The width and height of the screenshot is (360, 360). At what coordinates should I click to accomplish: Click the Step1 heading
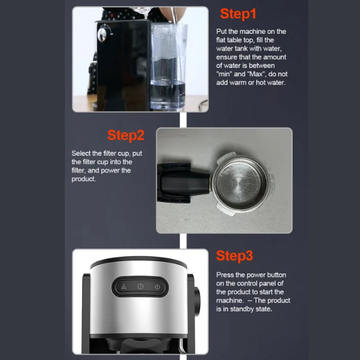click(238, 14)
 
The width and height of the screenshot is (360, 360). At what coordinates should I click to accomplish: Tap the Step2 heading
click(125, 135)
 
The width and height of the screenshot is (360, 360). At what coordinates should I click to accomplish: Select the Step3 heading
click(235, 256)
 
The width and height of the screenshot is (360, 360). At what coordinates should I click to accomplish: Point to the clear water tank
click(169, 67)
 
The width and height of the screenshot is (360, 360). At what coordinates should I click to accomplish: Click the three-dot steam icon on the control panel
click(123, 286)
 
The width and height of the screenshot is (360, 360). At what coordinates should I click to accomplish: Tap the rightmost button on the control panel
click(157, 286)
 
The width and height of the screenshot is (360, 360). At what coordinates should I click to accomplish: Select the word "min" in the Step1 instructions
click(224, 74)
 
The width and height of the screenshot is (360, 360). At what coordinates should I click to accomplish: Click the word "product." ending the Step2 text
click(83, 179)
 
